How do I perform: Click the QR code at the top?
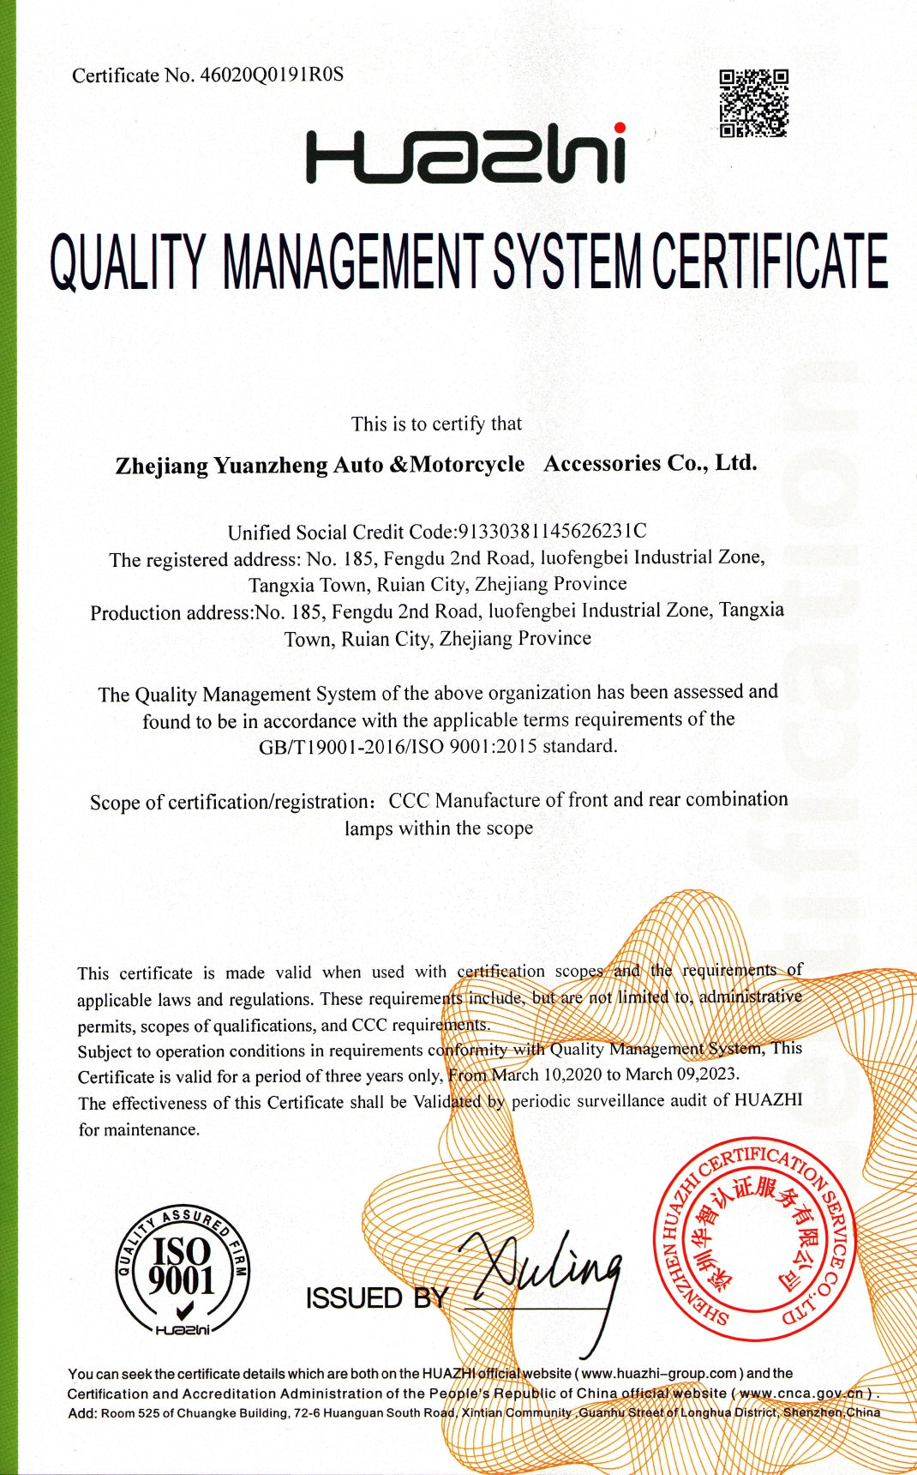(x=753, y=103)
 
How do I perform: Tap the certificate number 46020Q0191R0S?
(x=272, y=75)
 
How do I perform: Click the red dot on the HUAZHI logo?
(x=619, y=129)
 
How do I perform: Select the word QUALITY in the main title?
(x=128, y=262)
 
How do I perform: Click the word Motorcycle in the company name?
(x=468, y=465)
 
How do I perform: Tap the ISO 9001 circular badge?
(x=182, y=1271)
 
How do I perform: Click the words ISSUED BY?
(x=376, y=1298)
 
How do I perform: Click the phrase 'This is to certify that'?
(x=436, y=424)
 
